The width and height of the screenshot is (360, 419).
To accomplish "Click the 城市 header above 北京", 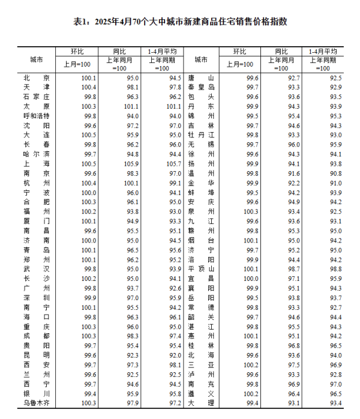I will point(36,60).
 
